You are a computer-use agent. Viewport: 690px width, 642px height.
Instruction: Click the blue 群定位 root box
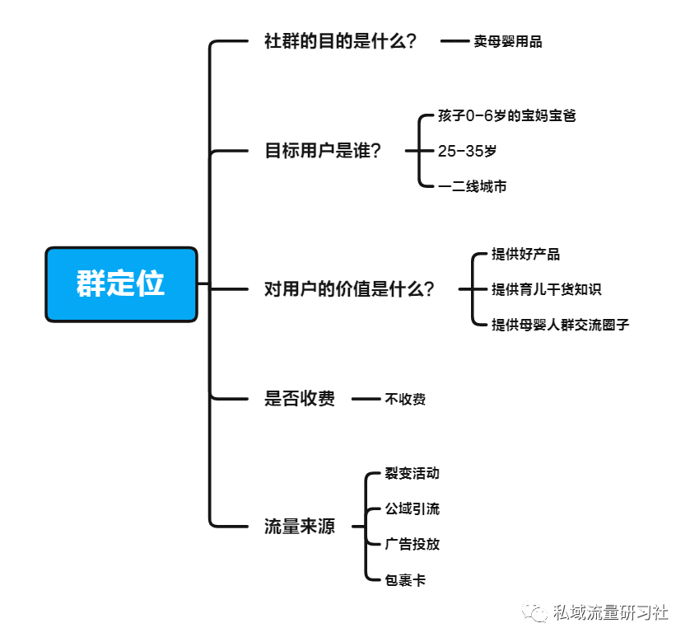[x=122, y=284]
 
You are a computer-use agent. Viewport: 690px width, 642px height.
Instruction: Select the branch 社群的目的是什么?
[x=340, y=41]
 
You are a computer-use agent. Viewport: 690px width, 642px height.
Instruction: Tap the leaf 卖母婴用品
[x=508, y=41]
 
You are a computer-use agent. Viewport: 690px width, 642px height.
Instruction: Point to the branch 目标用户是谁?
[x=323, y=151]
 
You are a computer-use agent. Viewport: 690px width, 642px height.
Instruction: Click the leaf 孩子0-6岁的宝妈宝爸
[x=507, y=116]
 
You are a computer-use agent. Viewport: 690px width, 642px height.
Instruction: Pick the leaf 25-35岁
[x=467, y=151]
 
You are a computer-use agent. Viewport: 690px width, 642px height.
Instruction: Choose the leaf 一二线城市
[x=472, y=186]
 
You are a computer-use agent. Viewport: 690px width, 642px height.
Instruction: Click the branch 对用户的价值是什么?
[x=349, y=289]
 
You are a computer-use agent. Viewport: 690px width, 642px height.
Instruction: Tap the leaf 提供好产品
[x=525, y=254]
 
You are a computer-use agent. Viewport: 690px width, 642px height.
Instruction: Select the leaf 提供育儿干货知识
[x=546, y=289]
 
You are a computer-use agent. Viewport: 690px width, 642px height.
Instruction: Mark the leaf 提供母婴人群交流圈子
[x=560, y=325]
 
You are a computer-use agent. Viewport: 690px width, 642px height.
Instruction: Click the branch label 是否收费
[x=300, y=399]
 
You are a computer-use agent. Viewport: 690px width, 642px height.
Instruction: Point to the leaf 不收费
[x=405, y=399]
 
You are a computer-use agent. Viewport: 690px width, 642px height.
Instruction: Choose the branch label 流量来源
[x=300, y=526]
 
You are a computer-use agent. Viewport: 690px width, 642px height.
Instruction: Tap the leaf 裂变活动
[x=412, y=473]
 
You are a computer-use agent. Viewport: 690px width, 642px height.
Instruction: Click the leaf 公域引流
[x=412, y=508]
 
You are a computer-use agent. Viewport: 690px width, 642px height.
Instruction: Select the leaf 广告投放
[x=412, y=544]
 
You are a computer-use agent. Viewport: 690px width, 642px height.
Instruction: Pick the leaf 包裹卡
[x=405, y=580]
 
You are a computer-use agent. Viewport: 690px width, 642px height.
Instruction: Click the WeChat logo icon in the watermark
[x=534, y=612]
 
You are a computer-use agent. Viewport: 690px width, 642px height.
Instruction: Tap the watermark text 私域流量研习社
[x=610, y=612]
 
